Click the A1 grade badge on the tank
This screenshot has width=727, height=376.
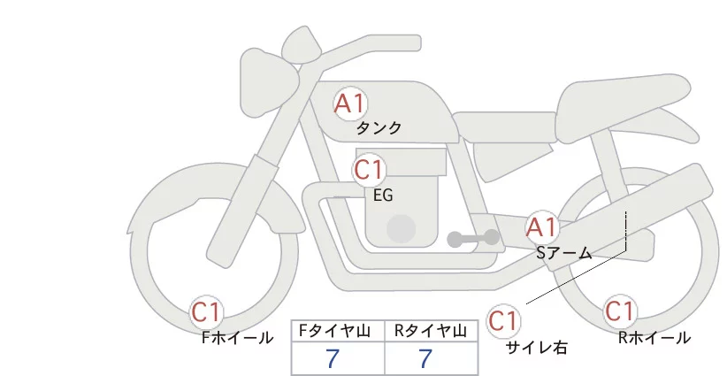click(x=350, y=104)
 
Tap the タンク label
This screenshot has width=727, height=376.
click(x=379, y=127)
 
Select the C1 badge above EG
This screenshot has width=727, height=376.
click(x=369, y=170)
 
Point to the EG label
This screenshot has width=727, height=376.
click(x=383, y=196)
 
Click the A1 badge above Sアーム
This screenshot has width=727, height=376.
click(x=541, y=227)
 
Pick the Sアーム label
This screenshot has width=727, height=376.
click(x=564, y=253)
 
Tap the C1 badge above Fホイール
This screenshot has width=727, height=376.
click(x=206, y=312)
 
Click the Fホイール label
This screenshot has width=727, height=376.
click(x=237, y=338)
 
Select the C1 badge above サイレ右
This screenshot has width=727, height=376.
click(x=503, y=320)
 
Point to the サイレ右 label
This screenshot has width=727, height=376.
click(x=537, y=348)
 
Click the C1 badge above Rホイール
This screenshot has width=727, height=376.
click(x=620, y=311)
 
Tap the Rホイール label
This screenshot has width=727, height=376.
click(x=654, y=338)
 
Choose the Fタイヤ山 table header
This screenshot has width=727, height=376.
click(x=334, y=331)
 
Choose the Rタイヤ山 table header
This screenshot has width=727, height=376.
click(x=431, y=331)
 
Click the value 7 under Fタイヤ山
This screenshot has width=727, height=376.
click(x=333, y=358)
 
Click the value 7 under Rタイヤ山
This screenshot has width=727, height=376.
click(x=425, y=358)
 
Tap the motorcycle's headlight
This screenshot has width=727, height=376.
click(x=270, y=82)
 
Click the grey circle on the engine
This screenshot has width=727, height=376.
click(x=401, y=228)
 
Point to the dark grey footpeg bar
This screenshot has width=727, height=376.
click(x=473, y=238)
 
